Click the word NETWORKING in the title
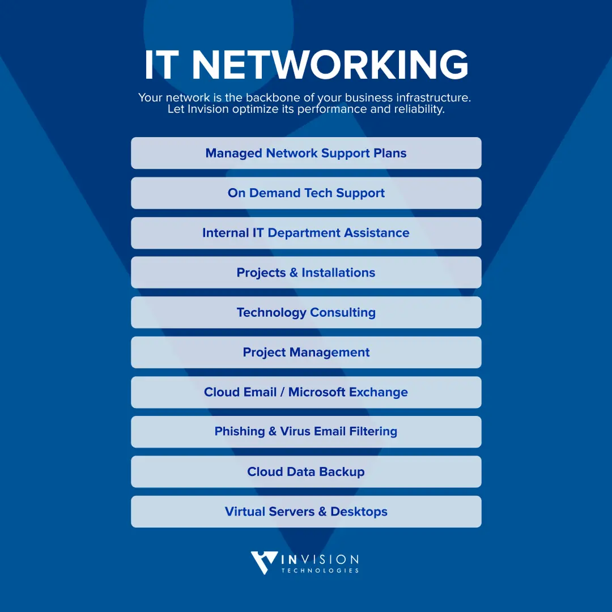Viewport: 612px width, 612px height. [x=330, y=65]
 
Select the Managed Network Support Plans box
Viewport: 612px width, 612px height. [x=306, y=153]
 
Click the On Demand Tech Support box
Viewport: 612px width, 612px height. [x=306, y=193]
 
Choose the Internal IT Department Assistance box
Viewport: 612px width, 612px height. [x=306, y=233]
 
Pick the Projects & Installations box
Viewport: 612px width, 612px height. [x=306, y=273]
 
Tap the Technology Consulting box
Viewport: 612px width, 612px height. [x=306, y=312]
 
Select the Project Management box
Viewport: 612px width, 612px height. [x=306, y=352]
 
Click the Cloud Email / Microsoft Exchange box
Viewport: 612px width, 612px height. [x=306, y=392]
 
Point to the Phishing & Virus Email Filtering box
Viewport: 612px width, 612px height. [x=306, y=432]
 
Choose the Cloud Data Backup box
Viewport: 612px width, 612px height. [x=306, y=471]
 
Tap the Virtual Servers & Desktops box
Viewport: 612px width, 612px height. [x=306, y=512]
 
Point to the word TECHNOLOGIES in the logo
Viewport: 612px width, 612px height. [x=320, y=571]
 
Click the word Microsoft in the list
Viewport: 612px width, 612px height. [x=317, y=392]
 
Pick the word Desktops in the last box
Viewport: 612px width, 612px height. [x=359, y=512]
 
